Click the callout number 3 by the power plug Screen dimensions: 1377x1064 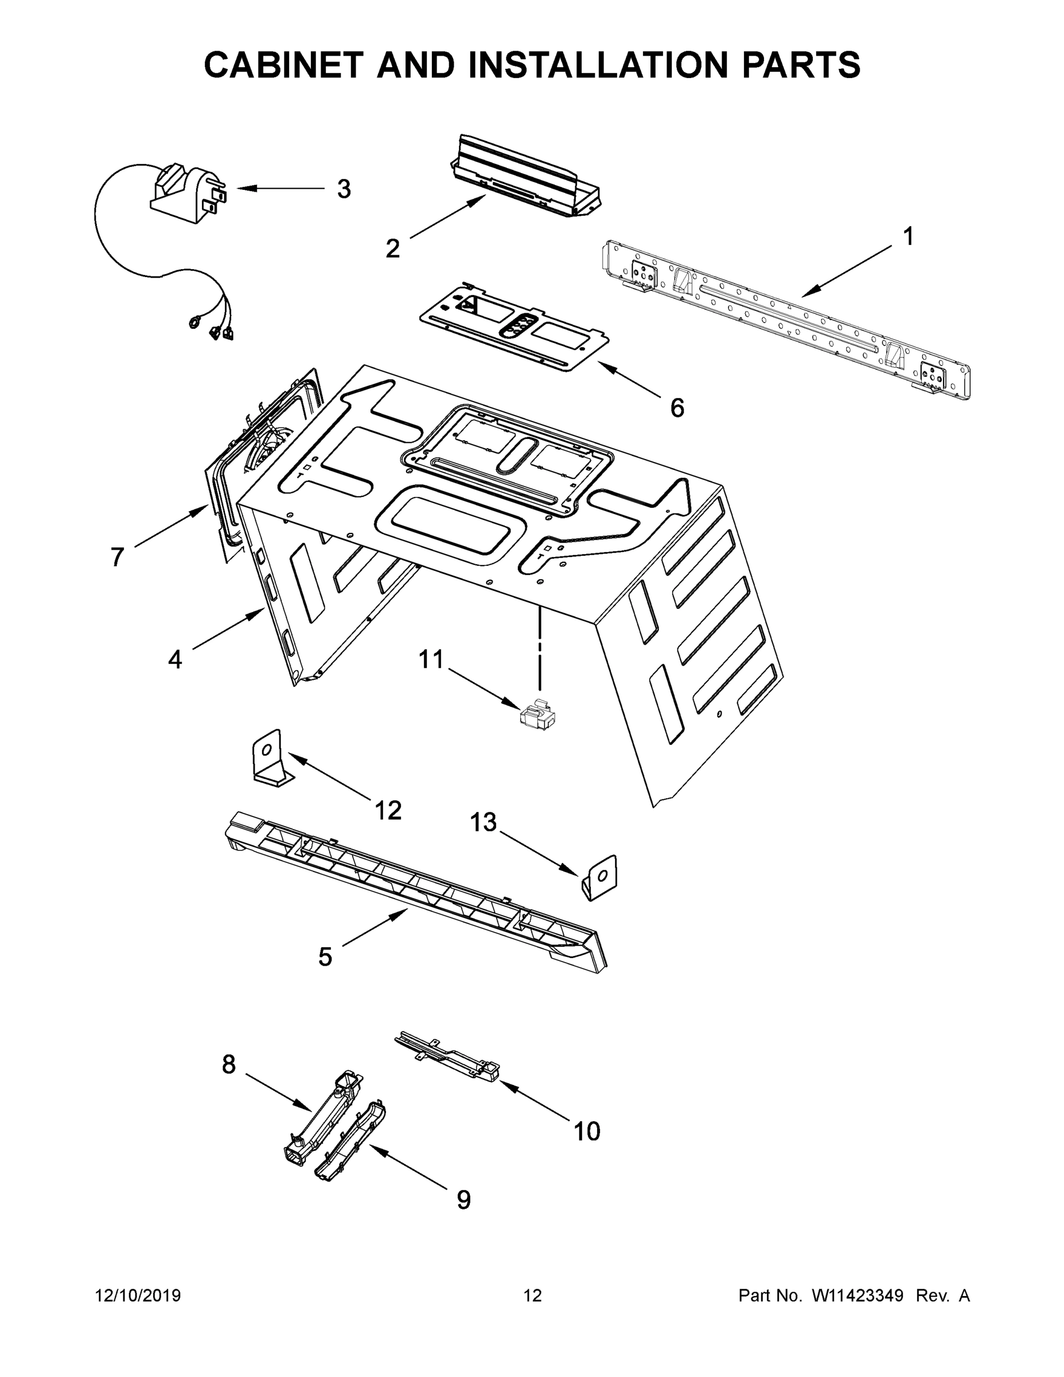[x=344, y=189]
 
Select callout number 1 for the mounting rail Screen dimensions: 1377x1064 [x=907, y=237]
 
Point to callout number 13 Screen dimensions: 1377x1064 [x=484, y=822]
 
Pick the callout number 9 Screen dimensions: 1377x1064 [x=463, y=1199]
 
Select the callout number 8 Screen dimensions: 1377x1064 [x=229, y=1064]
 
